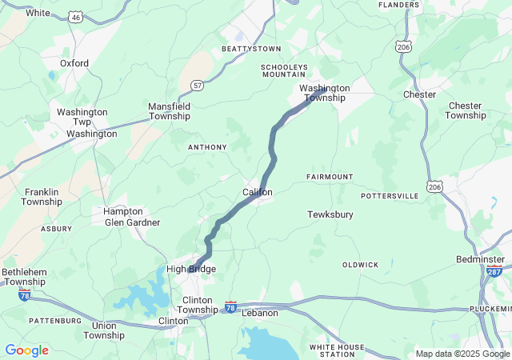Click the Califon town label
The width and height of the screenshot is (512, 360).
pos(258,193)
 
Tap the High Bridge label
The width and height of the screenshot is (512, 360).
pos(191,269)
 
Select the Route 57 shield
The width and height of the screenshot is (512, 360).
pos(196,84)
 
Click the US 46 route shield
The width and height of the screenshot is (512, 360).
pos(74,15)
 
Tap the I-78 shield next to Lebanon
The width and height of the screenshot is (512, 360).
pos(230,306)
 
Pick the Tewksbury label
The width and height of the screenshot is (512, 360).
pos(330,214)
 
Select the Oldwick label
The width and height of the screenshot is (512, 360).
pos(360,264)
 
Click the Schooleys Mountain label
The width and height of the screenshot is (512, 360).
pos(283,70)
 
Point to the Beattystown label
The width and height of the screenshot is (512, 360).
pos(252,50)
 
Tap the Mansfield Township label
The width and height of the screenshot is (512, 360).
pos(169,111)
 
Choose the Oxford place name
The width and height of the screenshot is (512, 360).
pos(74,62)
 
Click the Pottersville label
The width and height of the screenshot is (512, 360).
pos(390,195)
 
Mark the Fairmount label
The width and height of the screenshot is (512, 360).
pos(329,176)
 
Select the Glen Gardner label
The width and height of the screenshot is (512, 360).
pos(132,222)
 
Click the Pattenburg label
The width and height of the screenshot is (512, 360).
pos(55,320)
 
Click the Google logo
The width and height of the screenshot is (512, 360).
pos(26,350)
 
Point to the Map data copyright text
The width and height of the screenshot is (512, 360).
pos(462,354)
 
